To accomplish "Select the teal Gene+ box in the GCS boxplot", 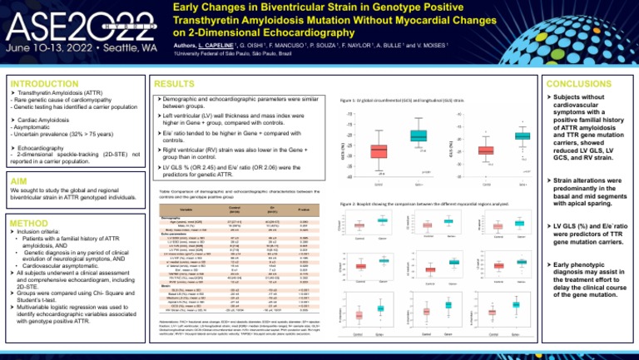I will (418, 136).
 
